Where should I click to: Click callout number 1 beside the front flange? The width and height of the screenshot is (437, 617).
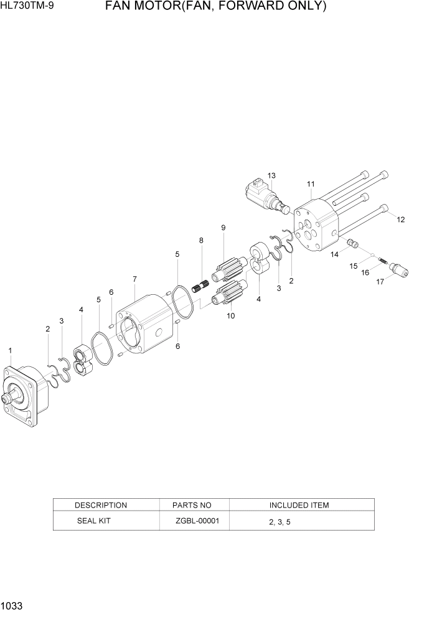pos(10,351)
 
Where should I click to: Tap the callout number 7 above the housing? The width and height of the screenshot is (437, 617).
pos(134,279)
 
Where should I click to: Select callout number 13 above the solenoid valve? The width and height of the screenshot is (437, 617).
pos(271,175)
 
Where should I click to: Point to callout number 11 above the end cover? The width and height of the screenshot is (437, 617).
pos(311,184)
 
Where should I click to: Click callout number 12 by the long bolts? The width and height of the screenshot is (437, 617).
pos(400,220)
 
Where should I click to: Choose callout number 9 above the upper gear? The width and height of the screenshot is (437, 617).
pos(223,228)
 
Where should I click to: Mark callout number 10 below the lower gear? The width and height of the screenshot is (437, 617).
pos(231,316)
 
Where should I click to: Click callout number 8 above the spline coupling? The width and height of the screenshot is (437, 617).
pos(201,241)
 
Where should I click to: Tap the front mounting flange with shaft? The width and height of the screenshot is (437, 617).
pos(25,393)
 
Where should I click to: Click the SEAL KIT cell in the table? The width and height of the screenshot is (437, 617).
pos(93,521)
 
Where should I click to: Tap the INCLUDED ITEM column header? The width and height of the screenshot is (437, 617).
pos(299,505)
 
